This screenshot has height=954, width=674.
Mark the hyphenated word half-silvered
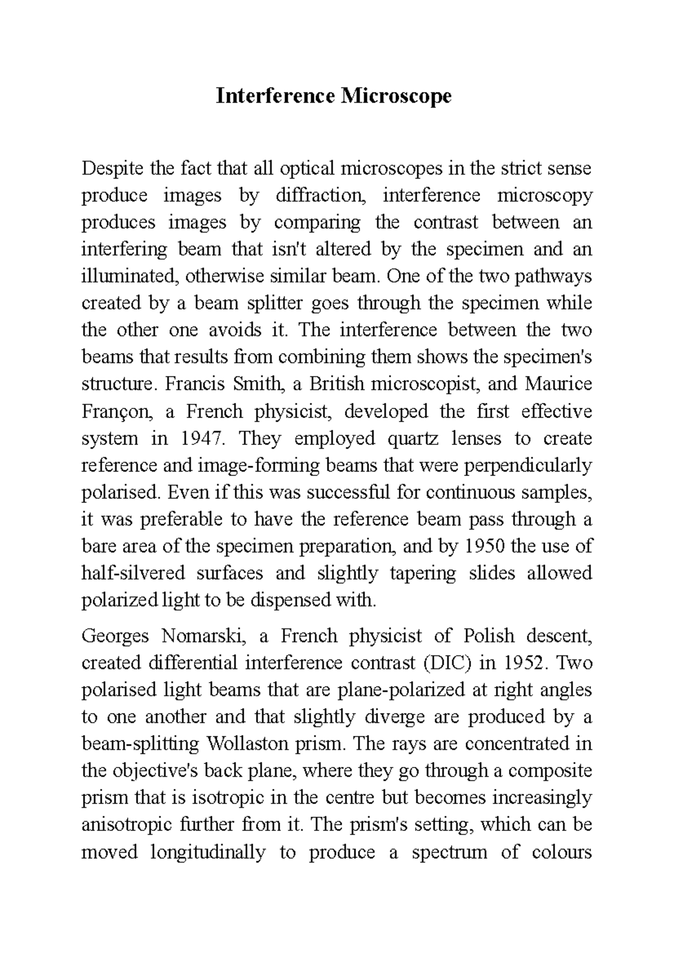point(133,573)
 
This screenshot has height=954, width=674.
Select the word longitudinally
point(208,852)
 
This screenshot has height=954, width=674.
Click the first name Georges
point(116,637)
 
